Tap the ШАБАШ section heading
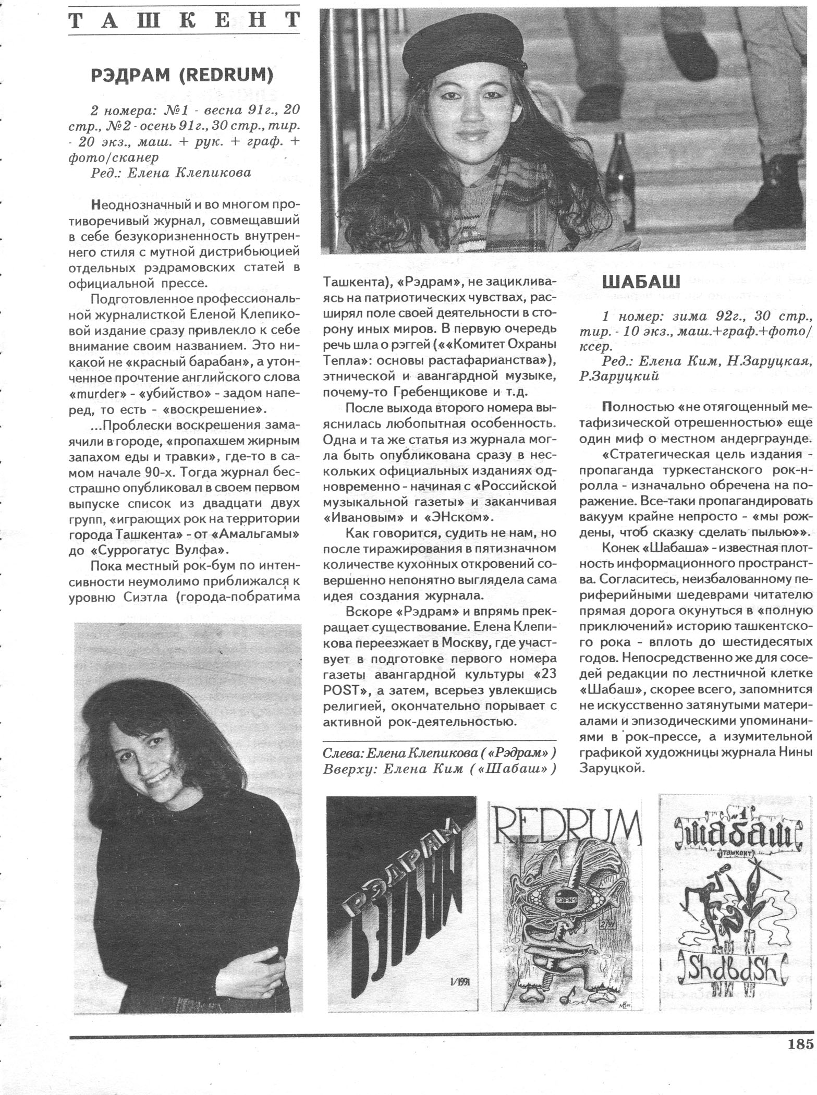(x=641, y=282)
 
